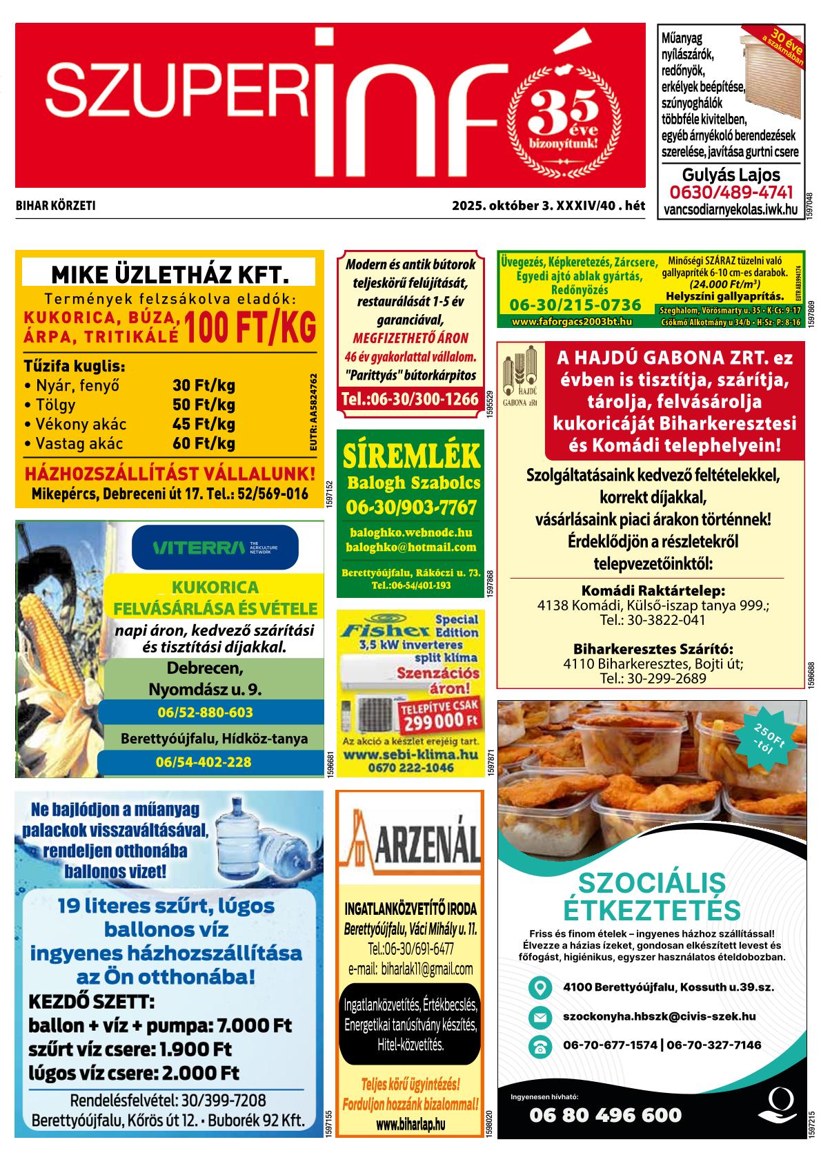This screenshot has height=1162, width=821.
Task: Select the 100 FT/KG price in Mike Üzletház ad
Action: (x=250, y=327)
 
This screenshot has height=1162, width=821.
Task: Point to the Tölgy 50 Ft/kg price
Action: (x=204, y=405)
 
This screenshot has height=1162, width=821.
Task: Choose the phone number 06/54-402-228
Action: (x=204, y=762)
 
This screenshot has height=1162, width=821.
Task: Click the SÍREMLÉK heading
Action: (x=411, y=456)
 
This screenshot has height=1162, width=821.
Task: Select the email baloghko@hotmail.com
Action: (x=411, y=548)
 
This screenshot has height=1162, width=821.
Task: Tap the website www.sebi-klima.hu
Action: (x=411, y=755)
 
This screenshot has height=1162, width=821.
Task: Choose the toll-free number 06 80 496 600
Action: (x=605, y=1115)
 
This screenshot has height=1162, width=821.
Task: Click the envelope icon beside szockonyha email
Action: (x=540, y=1017)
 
